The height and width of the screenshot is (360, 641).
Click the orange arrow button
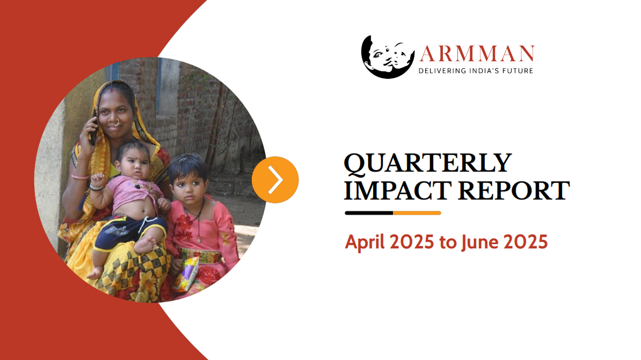(x=275, y=180)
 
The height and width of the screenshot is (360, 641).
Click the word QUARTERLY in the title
(x=427, y=163)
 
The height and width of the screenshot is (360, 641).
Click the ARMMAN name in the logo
(x=477, y=53)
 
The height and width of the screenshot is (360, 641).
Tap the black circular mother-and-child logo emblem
(x=388, y=56)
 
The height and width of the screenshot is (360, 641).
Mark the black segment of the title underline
(x=369, y=213)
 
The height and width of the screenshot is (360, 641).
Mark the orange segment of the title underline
(x=417, y=213)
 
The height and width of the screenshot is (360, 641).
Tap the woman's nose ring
(x=115, y=123)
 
